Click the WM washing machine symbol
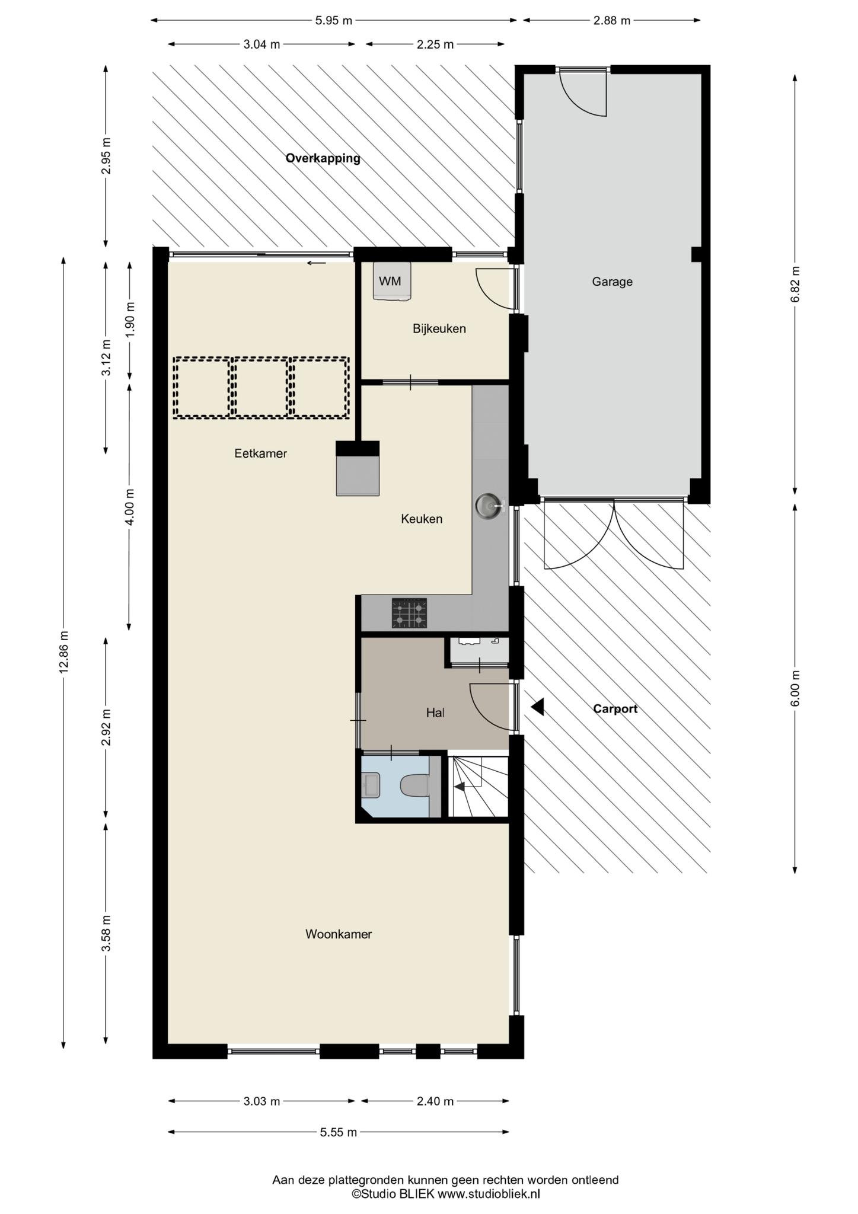391,281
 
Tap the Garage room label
612,282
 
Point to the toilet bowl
414,786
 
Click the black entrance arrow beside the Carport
537,707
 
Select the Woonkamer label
339,934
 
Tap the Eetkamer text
260,453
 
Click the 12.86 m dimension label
64,651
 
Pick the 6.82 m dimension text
795,284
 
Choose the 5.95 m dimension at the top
333,21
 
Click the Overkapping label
323,158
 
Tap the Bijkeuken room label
439,328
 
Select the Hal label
435,713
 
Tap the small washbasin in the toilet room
371,785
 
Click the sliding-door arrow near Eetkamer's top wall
317,263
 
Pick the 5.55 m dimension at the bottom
339,1132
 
